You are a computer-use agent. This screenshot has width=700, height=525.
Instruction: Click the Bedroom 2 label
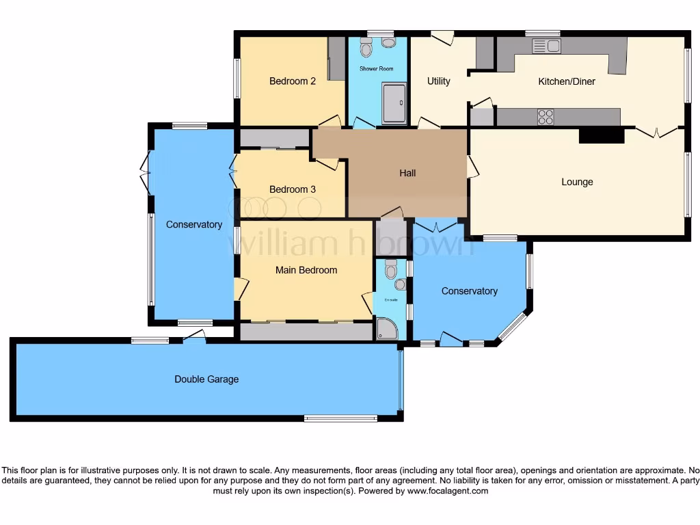[293, 81]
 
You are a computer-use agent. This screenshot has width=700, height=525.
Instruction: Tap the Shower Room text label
[377, 69]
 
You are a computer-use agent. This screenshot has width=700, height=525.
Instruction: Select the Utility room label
[439, 81]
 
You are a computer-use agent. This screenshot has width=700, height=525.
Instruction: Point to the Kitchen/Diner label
[567, 81]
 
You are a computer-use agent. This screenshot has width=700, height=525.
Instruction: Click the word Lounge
[577, 182]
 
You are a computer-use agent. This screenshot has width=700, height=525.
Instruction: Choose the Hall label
[407, 173]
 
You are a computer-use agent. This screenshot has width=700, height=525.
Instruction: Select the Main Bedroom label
[306, 270]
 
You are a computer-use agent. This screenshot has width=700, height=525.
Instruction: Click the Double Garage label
[206, 379]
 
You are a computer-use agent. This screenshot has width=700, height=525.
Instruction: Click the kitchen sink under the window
[546, 46]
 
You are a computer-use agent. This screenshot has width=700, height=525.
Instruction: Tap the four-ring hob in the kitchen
[546, 117]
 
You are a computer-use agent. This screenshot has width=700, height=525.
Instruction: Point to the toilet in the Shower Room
[366, 48]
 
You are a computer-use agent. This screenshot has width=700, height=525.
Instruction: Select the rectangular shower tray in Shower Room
[394, 103]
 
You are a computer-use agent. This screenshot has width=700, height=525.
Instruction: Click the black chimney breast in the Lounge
[602, 136]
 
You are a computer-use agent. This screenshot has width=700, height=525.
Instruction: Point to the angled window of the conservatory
[513, 326]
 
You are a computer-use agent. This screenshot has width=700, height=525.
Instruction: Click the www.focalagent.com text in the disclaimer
[448, 491]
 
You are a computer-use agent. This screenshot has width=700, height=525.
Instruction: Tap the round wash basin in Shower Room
[388, 42]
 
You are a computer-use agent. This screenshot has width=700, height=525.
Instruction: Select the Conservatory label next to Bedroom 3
[194, 225]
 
